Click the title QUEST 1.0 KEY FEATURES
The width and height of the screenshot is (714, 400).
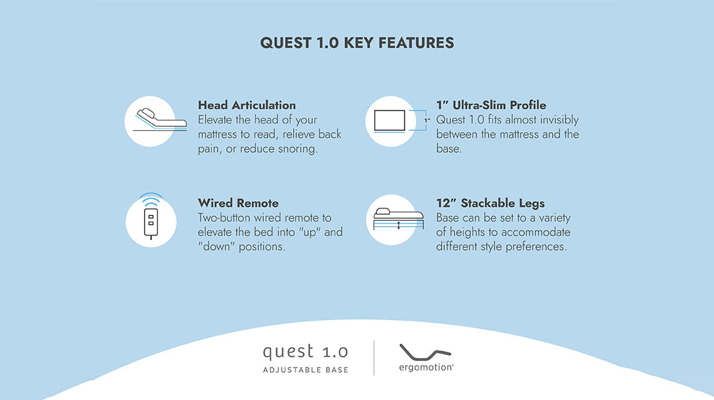(357, 43)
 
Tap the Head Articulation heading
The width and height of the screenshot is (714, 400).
(247, 105)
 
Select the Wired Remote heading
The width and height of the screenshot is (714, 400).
(238, 203)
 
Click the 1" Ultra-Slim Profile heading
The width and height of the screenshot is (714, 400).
(491, 105)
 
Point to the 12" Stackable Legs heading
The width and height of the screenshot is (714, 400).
(490, 203)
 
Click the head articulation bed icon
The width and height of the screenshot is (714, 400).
(150, 121)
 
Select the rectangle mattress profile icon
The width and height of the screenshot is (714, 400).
(390, 121)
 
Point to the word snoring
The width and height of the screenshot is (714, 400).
(296, 149)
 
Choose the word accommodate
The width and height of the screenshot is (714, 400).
(535, 232)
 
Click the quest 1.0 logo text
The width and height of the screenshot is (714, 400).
(305, 351)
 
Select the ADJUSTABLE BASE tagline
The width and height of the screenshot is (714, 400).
(305, 370)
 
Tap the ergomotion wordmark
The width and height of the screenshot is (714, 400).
(426, 367)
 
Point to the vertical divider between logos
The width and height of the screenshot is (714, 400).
(374, 358)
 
